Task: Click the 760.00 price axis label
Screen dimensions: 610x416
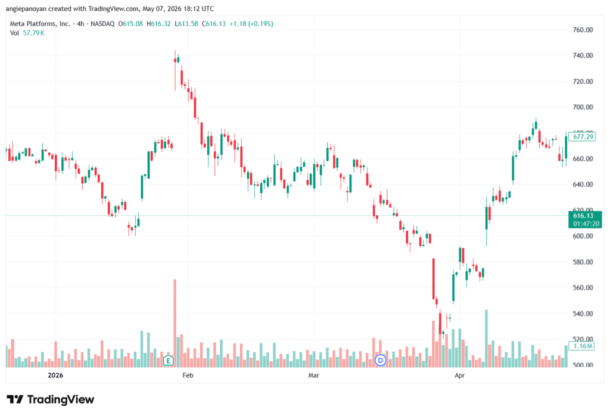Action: point(583,30)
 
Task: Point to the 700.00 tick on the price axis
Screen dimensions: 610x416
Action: point(583,107)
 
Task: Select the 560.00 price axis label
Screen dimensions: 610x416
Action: point(583,287)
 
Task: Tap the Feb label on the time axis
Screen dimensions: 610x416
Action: point(188,375)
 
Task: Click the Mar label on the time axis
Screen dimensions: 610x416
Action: point(313,375)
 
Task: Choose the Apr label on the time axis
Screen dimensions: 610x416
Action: point(459,375)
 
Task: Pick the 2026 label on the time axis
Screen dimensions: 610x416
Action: point(55,375)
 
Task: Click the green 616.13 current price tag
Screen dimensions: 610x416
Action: point(585,220)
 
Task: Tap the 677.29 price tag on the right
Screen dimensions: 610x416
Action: point(582,136)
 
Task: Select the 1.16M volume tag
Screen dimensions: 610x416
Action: point(582,346)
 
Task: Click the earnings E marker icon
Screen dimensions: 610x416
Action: point(168,361)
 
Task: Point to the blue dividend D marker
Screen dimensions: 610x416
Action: point(380,361)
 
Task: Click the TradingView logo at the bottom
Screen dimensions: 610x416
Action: point(51,400)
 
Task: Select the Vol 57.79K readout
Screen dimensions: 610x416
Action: point(27,33)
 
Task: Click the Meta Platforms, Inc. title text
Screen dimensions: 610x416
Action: point(40,24)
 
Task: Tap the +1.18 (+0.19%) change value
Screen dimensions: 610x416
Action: point(251,24)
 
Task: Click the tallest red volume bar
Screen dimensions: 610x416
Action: point(175,323)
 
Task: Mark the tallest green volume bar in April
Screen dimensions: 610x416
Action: point(486,339)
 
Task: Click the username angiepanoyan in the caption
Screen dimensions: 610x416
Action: point(26,8)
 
